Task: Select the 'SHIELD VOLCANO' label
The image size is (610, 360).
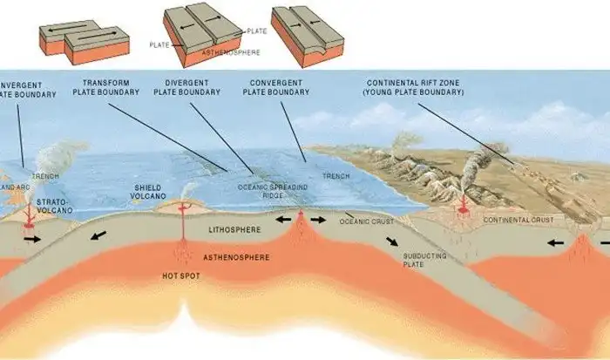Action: pos(147,192)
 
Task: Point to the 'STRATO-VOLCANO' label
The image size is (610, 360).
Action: pos(55,207)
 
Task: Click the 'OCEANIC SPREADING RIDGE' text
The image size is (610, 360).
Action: pos(265,191)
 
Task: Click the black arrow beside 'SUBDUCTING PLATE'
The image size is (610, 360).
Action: pos(394,241)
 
